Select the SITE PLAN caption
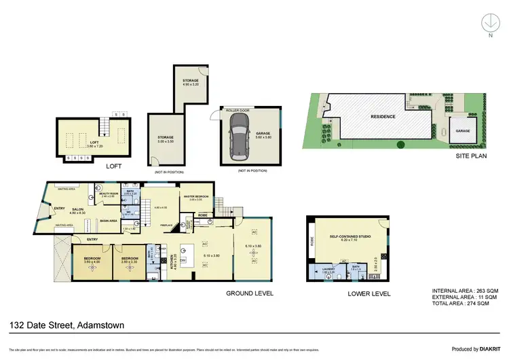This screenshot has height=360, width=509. [470, 156]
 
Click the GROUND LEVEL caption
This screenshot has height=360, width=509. [250, 293]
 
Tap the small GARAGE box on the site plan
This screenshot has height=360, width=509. [463, 129]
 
